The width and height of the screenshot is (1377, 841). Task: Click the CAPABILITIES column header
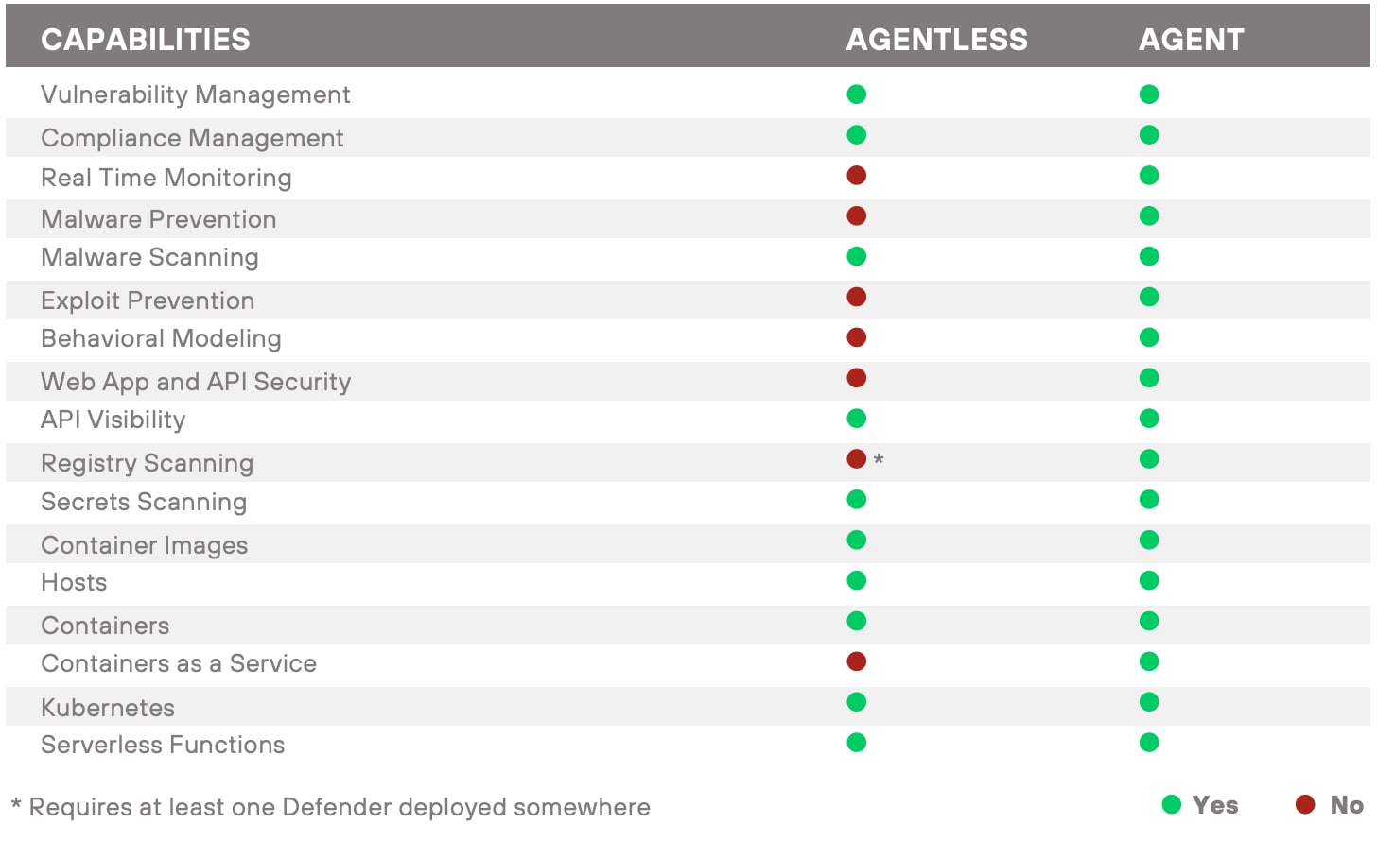point(146,40)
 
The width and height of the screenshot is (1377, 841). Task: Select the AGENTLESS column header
point(936,40)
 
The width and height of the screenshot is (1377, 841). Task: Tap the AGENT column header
point(1191,40)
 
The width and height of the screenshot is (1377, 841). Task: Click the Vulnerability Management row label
point(195,94)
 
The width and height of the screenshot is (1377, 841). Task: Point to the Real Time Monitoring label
point(166,178)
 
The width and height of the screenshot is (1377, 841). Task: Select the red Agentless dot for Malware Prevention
point(857,216)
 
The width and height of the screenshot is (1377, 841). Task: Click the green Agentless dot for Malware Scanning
point(857,256)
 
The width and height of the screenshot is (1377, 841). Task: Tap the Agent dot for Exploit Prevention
point(1149,298)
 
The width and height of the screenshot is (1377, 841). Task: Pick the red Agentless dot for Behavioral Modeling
point(857,337)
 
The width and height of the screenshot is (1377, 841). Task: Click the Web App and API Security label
point(196,382)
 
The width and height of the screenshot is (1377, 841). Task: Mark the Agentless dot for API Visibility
point(857,419)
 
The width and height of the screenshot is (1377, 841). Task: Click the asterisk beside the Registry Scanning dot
point(879,460)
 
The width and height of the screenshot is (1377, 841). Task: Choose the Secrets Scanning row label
point(144,502)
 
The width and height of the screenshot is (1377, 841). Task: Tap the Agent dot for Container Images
point(1149,541)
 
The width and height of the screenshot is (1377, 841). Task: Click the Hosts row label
point(74,582)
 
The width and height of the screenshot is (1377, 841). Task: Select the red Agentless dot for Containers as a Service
point(857,661)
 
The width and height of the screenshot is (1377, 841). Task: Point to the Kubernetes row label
point(108,708)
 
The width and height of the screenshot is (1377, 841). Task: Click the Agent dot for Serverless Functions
point(1149,743)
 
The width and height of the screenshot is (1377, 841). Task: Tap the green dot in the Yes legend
point(1172,804)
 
